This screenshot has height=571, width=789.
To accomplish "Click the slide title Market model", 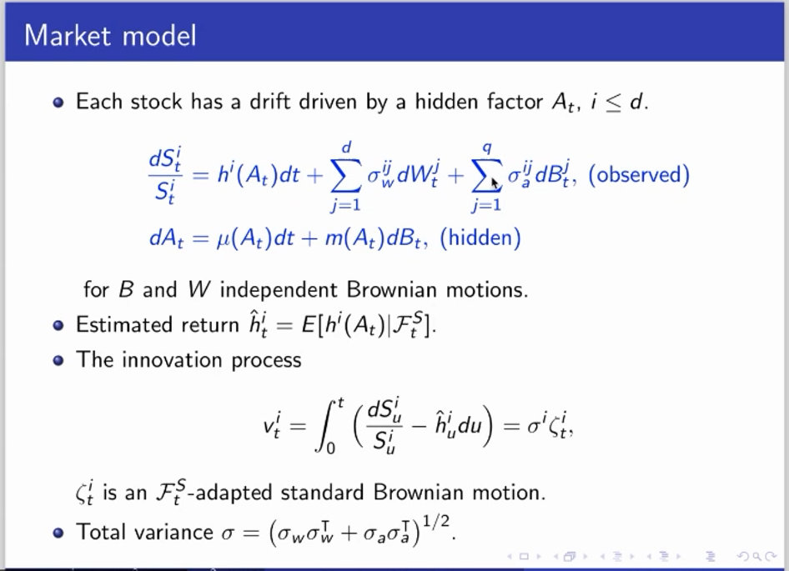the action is pyautogui.click(x=110, y=36).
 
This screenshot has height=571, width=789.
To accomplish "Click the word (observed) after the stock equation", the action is pyautogui.click(x=639, y=175).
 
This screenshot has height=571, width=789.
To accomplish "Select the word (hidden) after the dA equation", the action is pyautogui.click(x=480, y=238).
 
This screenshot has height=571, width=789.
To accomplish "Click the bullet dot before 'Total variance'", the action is pyautogui.click(x=58, y=533).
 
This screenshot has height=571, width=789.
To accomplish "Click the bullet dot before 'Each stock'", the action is pyautogui.click(x=58, y=103).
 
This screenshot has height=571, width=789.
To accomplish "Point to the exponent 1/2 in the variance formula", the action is pyautogui.click(x=435, y=522).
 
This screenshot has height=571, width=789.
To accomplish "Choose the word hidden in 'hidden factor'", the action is pyautogui.click(x=446, y=102).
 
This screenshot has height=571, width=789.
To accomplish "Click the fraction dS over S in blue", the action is pyautogui.click(x=165, y=175).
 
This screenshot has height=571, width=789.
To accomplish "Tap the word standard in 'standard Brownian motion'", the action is pyautogui.click(x=322, y=492).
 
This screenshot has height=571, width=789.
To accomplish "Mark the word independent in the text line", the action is pyautogui.click(x=279, y=291).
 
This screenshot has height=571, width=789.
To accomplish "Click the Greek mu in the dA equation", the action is pyautogui.click(x=223, y=239).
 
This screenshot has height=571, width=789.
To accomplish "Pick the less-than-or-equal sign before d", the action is pyautogui.click(x=613, y=103).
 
